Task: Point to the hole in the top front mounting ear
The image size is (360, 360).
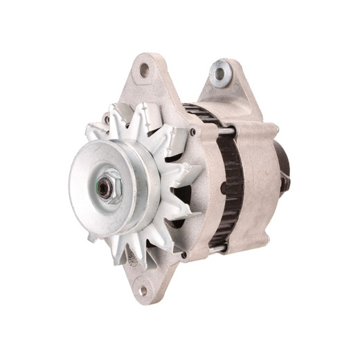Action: click(144, 70)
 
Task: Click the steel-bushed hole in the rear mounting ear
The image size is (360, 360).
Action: click(220, 74)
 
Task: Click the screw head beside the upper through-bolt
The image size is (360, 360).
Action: click(192, 129)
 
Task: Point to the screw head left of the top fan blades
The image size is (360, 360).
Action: click(107, 118)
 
